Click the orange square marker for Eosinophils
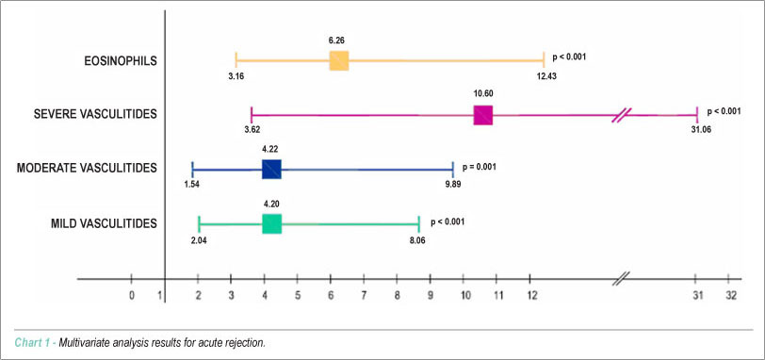tap(339, 61)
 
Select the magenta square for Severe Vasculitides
tap(483, 115)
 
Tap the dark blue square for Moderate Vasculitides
tap(271, 170)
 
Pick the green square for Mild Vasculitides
tap(271, 224)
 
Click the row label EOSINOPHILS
tap(120, 61)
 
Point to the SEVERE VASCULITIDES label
tap(95, 114)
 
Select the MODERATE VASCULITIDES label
tap(87, 169)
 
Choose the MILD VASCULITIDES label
tap(104, 224)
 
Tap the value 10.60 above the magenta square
tap(482, 94)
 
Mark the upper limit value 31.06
tap(701, 130)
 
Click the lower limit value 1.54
tap(192, 185)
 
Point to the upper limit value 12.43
tap(546, 76)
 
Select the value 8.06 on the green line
tap(418, 239)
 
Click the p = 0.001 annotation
tap(480, 167)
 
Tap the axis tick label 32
tap(730, 296)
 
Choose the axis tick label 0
tap(131, 296)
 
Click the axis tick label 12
tap(531, 296)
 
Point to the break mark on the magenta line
tap(622, 115)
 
